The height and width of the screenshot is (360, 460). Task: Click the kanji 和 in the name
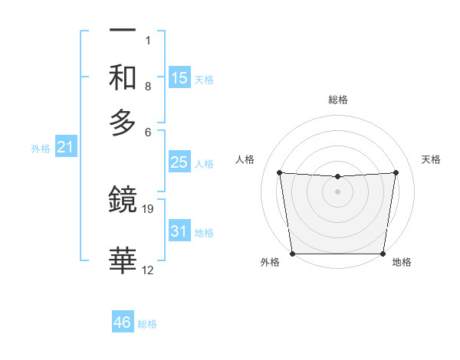(123, 77)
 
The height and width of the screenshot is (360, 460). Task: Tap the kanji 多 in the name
(123, 123)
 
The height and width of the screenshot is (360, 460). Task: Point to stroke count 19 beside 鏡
(149, 208)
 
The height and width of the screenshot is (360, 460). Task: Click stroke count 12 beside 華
(148, 270)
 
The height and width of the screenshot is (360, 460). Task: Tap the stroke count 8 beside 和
(148, 87)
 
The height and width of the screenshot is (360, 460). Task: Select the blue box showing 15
(179, 78)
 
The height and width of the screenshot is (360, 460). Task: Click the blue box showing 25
(179, 162)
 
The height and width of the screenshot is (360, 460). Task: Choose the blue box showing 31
(179, 231)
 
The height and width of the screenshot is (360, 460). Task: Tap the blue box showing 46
(123, 322)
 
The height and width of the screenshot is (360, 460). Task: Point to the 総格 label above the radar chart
(338, 100)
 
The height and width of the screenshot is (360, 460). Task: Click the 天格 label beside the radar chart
(432, 159)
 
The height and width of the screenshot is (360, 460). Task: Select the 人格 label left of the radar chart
(245, 159)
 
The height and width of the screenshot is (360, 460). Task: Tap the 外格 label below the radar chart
(270, 263)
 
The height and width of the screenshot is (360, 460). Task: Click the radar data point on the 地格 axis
(383, 254)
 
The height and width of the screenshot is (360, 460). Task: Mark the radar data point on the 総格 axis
(337, 177)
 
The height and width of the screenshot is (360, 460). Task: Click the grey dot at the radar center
(337, 191)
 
